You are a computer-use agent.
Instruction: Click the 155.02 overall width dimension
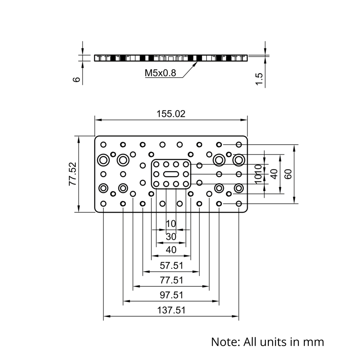(x=171, y=114)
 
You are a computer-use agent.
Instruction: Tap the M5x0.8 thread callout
(x=160, y=73)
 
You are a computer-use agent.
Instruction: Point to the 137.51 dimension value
(x=171, y=310)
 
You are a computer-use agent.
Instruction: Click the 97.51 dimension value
(x=171, y=295)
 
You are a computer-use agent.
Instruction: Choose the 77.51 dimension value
(x=171, y=280)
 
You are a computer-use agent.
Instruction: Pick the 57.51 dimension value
(x=171, y=266)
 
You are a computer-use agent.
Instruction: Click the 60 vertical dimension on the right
(x=288, y=174)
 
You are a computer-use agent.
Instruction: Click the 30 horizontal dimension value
(x=171, y=237)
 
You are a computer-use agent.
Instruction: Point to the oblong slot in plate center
(x=171, y=174)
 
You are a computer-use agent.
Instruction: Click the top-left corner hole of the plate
(x=104, y=145)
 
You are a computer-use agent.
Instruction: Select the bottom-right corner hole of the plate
(x=238, y=204)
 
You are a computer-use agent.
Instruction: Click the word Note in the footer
(x=225, y=341)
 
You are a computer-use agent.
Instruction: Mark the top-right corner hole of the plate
(x=238, y=145)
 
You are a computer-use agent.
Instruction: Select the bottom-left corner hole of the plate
(x=104, y=204)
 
